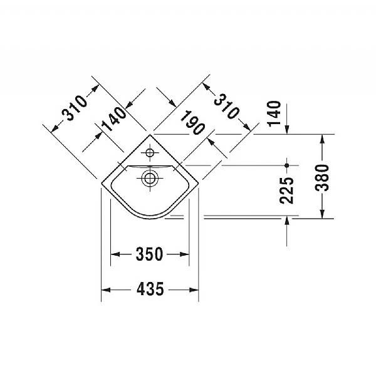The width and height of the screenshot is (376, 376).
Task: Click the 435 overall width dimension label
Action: point(150,290)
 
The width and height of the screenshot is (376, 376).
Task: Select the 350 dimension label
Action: point(150,254)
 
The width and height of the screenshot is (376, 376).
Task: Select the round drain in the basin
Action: point(150,178)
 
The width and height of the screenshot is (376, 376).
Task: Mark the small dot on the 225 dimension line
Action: point(286,165)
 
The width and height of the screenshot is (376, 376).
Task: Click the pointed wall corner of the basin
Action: point(150,134)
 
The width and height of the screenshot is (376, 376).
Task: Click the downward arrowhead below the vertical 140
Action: point(286,130)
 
